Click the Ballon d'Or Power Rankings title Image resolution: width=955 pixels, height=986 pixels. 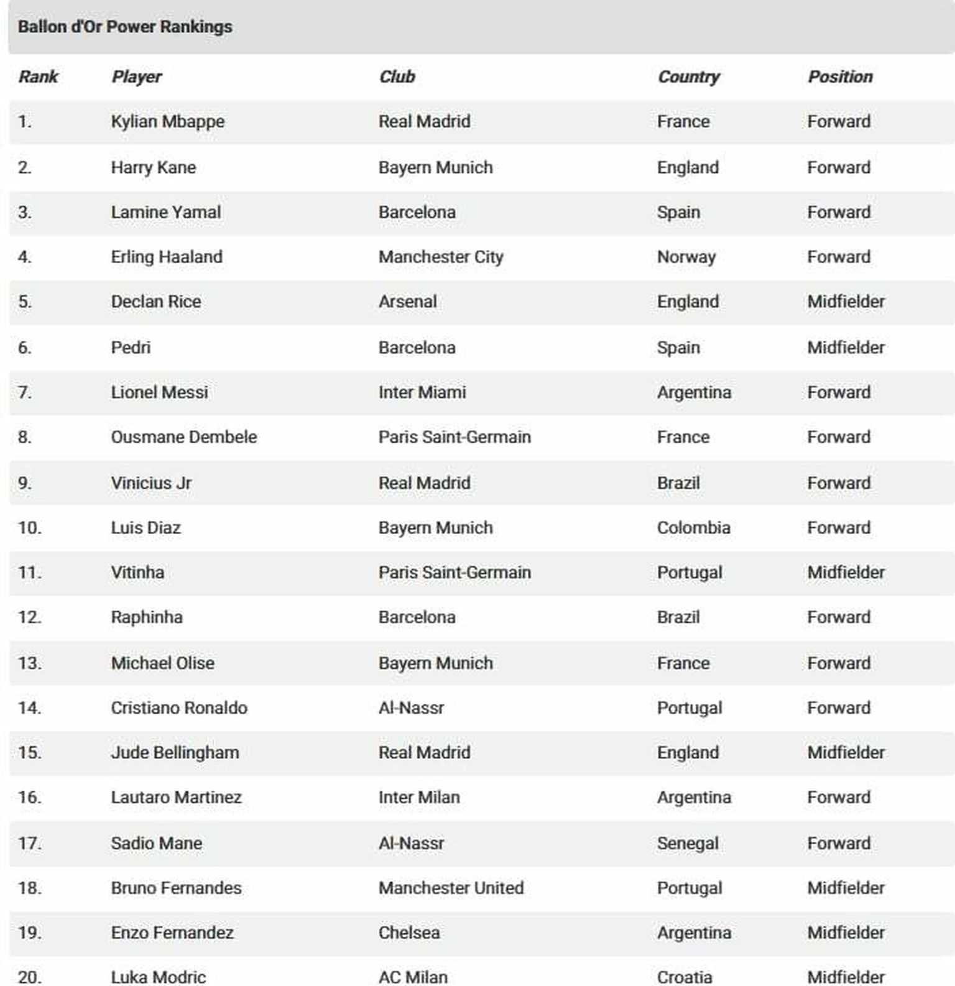click(x=125, y=27)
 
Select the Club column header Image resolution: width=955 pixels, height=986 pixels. click(x=397, y=76)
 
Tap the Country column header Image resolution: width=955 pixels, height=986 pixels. click(x=688, y=76)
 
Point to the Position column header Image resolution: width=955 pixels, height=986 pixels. click(x=840, y=76)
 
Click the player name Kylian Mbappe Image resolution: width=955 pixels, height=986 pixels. click(x=167, y=121)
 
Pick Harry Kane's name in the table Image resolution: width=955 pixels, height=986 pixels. click(x=153, y=167)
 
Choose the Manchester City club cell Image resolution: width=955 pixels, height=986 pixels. click(x=441, y=257)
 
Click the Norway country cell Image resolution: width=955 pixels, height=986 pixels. click(x=686, y=257)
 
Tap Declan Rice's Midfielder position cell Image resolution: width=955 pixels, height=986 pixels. click(x=846, y=302)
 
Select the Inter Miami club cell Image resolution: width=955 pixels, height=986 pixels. click(x=422, y=392)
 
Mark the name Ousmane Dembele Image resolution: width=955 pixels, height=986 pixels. click(x=183, y=437)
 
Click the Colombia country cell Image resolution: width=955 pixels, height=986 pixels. click(x=693, y=528)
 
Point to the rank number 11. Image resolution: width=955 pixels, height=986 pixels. click(x=29, y=573)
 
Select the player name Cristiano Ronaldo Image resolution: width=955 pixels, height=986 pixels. click(x=179, y=708)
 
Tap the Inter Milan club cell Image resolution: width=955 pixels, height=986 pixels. click(x=419, y=798)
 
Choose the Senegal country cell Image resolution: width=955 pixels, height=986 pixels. click(x=688, y=844)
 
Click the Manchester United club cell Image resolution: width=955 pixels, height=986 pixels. click(x=451, y=888)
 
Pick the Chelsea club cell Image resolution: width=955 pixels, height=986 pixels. click(x=409, y=933)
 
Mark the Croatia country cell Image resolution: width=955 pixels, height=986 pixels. click(x=685, y=977)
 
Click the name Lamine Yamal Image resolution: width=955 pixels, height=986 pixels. click(x=165, y=212)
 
